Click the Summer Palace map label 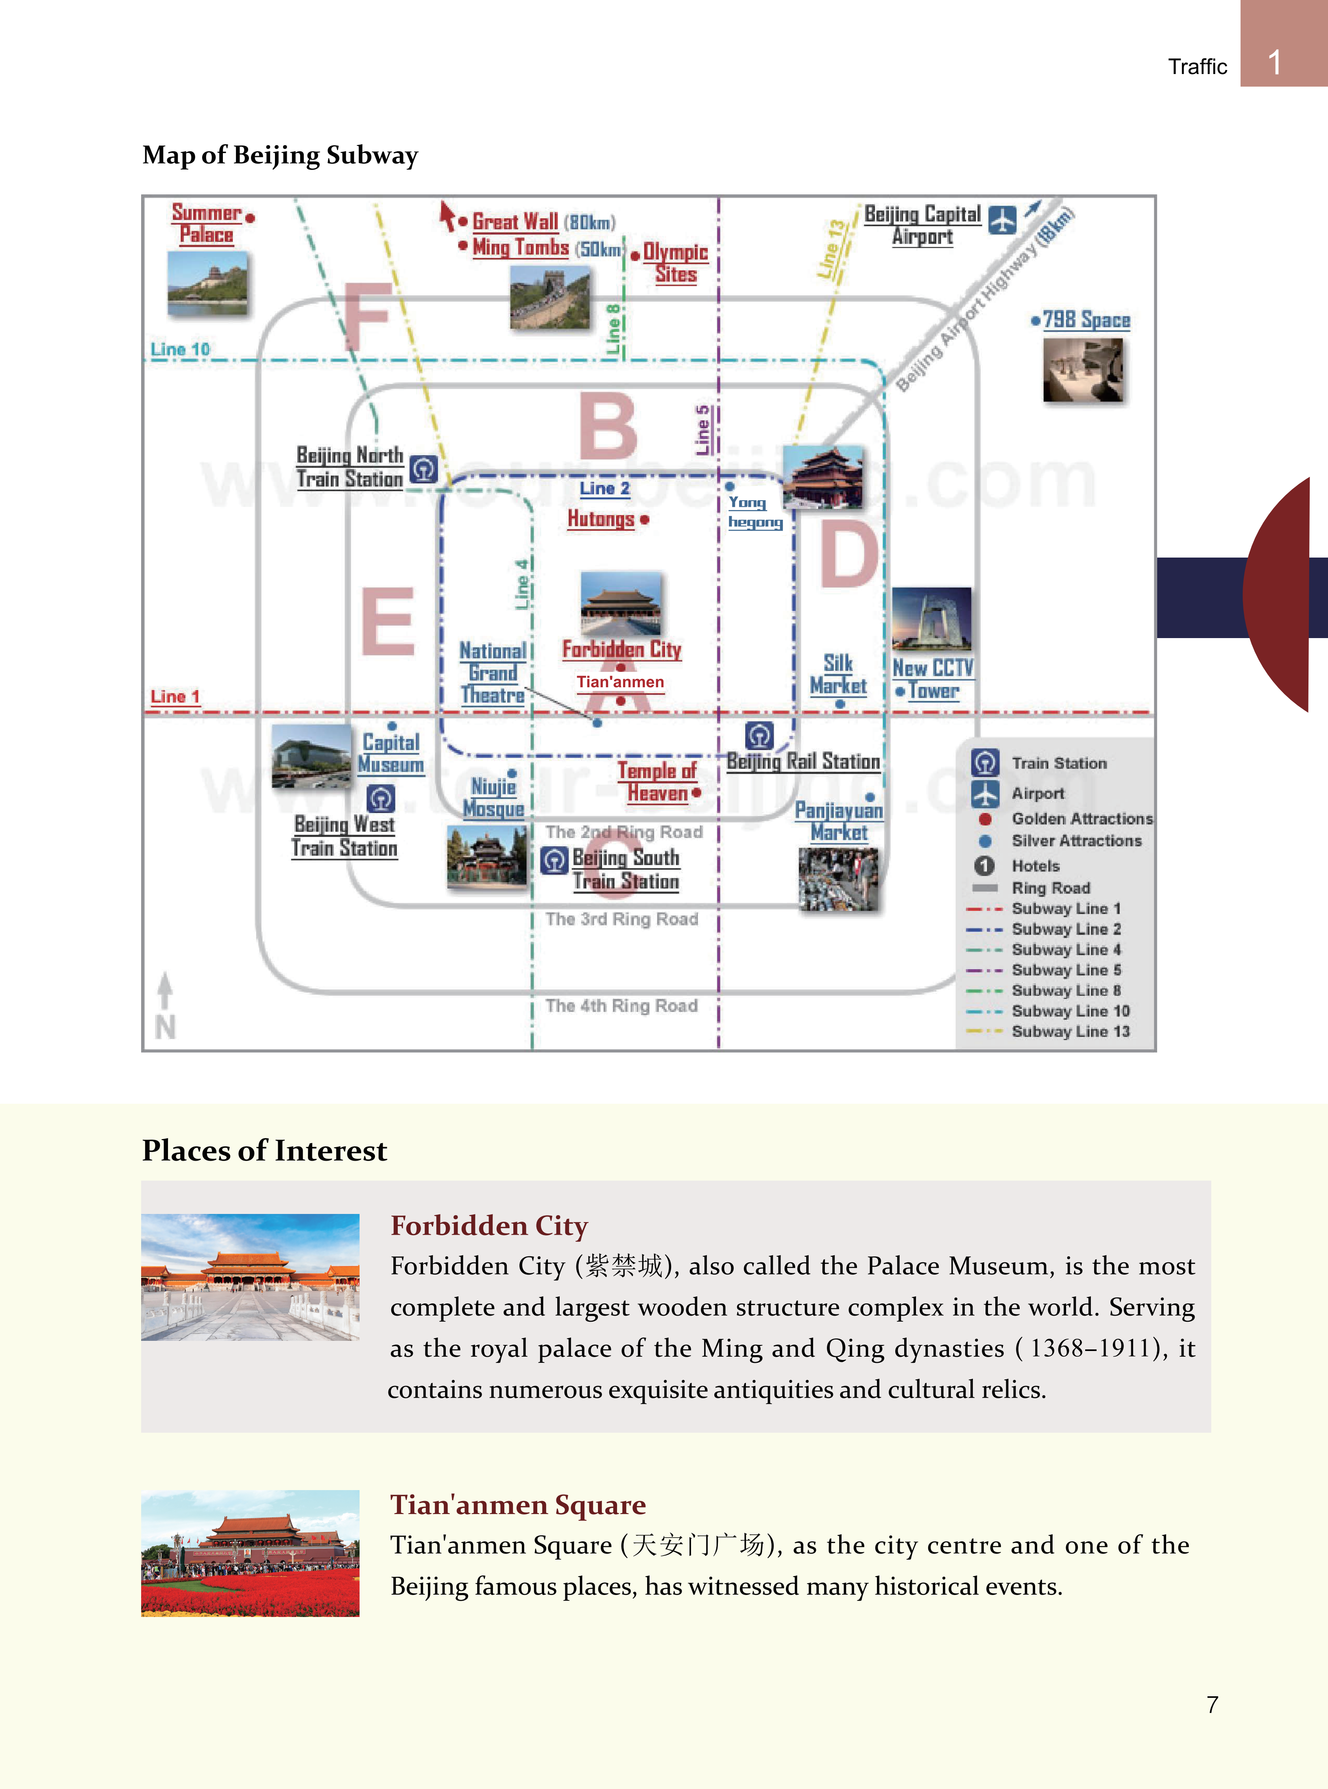pos(206,223)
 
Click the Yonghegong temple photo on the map pos(823,477)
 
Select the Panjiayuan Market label pos(838,822)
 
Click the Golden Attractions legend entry pos(1081,818)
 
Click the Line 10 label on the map pos(180,350)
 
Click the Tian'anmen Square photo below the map pos(250,1553)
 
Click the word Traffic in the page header pos(1197,67)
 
